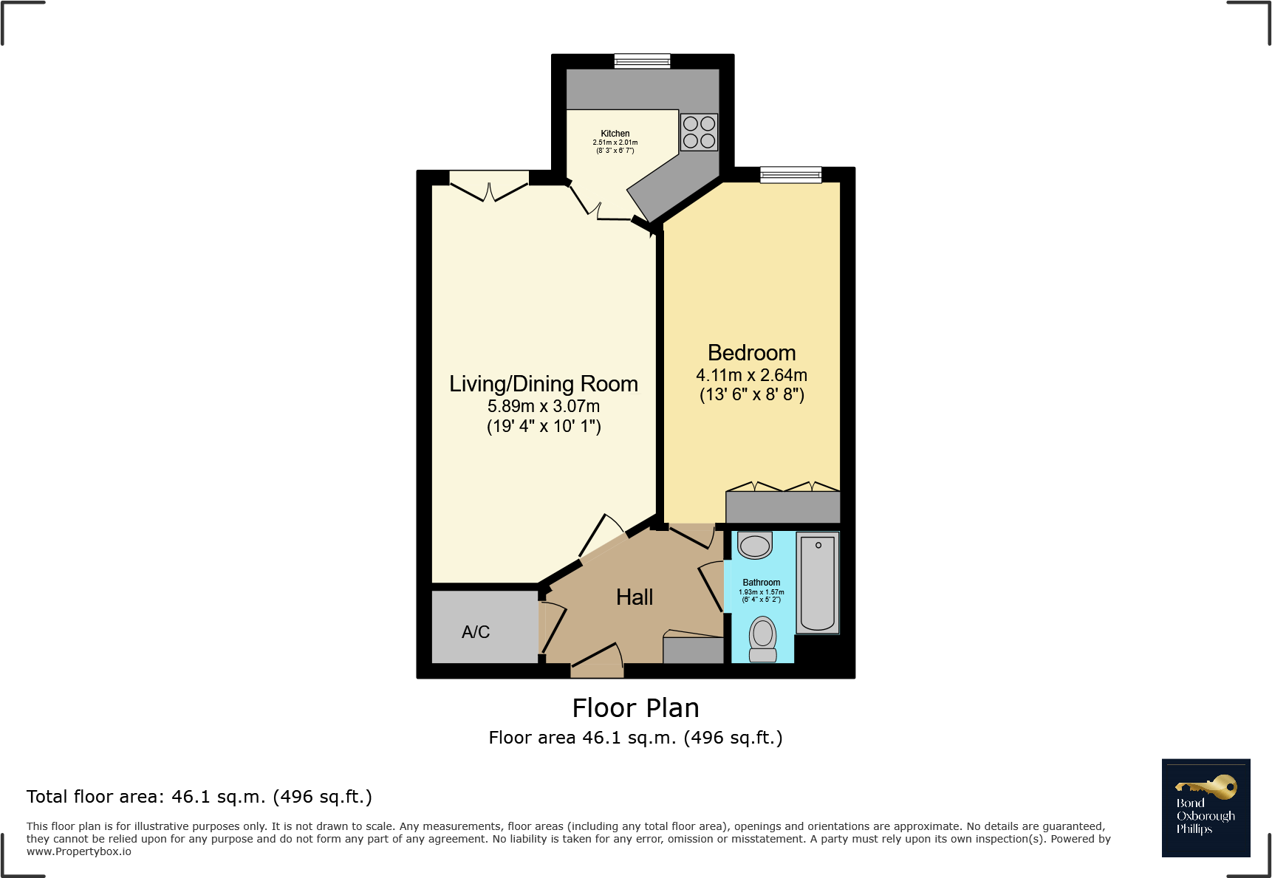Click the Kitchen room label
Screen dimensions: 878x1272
pyautogui.click(x=615, y=134)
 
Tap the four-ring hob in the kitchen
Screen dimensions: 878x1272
pyautogui.click(x=699, y=132)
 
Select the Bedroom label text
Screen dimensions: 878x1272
pyautogui.click(x=751, y=353)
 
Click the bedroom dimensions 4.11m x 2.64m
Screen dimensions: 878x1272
pyautogui.click(x=751, y=375)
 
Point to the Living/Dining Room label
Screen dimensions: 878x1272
pyautogui.click(x=543, y=384)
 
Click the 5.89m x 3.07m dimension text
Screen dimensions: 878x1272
pyautogui.click(x=543, y=406)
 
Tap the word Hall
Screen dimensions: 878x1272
pyautogui.click(x=635, y=597)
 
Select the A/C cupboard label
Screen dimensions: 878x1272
pyautogui.click(x=476, y=632)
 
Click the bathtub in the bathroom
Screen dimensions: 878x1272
pyautogui.click(x=817, y=583)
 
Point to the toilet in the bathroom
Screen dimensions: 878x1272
pyautogui.click(x=763, y=639)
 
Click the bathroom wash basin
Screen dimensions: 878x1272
pyautogui.click(x=755, y=546)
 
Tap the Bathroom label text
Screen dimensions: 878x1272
pyautogui.click(x=761, y=583)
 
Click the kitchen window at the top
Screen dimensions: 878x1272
pyautogui.click(x=642, y=61)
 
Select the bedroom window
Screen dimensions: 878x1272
pyautogui.click(x=790, y=174)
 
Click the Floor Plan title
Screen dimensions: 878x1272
pyautogui.click(x=635, y=708)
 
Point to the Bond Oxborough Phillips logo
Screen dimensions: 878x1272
pyautogui.click(x=1206, y=808)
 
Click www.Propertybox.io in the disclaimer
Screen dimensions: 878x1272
pyautogui.click(x=79, y=851)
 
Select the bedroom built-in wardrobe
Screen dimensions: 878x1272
pyautogui.click(x=783, y=507)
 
